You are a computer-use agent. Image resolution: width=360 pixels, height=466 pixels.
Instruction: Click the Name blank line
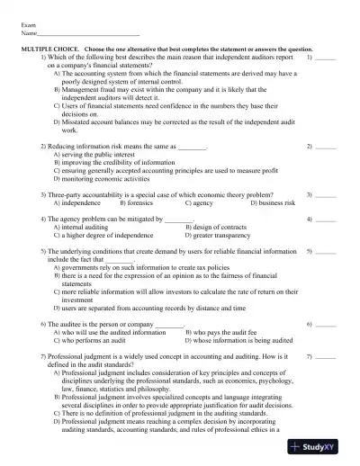[81, 36]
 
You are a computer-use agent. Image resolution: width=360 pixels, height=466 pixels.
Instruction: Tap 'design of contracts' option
[212, 228]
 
